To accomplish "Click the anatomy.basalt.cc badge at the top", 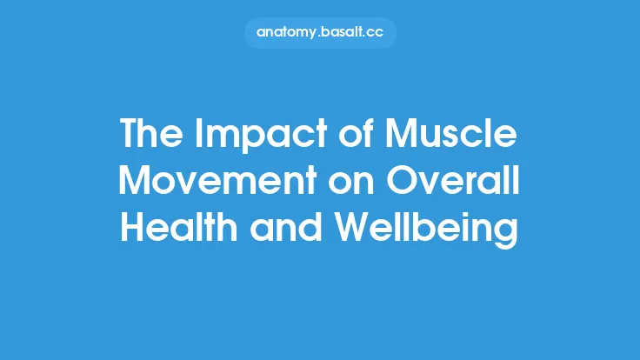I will click(x=320, y=32).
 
